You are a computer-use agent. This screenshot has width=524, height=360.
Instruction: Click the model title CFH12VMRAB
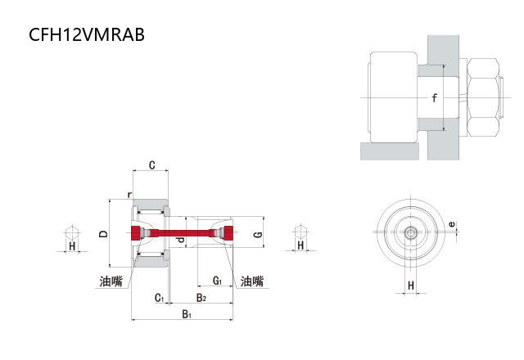[88, 34]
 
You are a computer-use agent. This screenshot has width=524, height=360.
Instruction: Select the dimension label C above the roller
[152, 165]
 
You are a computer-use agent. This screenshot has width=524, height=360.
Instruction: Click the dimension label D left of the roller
[103, 234]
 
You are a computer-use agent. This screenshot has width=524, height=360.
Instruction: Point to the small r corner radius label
[129, 194]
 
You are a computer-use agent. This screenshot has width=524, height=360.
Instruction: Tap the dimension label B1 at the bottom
[186, 314]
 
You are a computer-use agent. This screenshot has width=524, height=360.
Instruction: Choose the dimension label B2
[201, 298]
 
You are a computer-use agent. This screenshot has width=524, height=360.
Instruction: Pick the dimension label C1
[160, 298]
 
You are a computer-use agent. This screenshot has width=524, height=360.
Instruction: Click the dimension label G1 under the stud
[217, 281]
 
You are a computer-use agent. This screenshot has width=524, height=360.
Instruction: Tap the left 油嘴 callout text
[111, 281]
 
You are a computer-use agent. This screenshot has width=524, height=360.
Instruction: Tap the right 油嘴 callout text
[252, 281]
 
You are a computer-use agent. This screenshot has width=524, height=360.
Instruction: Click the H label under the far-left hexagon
[72, 245]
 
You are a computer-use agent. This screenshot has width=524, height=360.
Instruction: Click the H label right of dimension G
[300, 245]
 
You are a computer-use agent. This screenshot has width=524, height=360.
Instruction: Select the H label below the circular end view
[411, 286]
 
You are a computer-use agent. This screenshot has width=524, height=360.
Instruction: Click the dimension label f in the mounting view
[435, 99]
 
